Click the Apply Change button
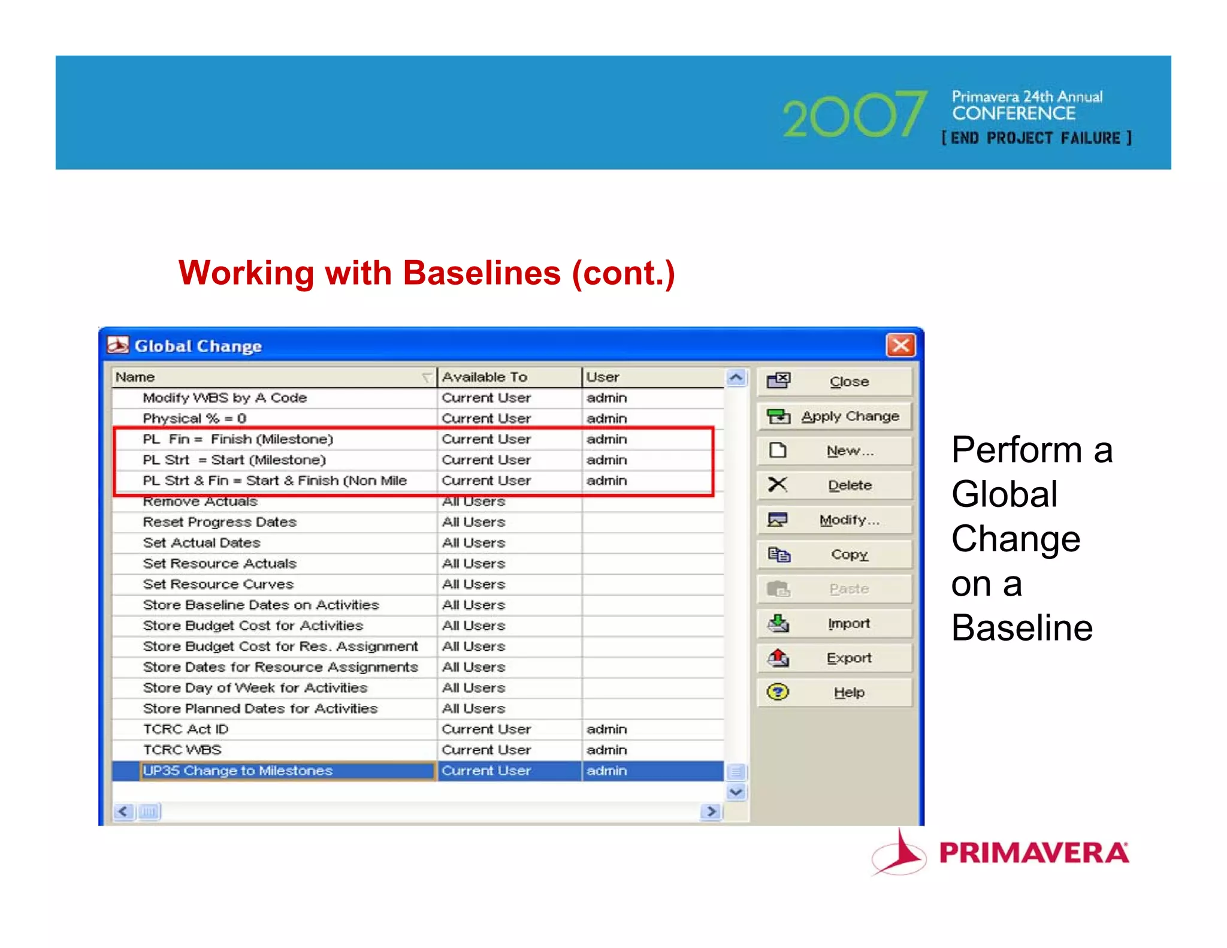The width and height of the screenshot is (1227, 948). point(835,416)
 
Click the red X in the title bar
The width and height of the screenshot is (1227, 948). point(900,346)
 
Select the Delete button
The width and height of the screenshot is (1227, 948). point(835,485)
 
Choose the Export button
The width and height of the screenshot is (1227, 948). point(835,658)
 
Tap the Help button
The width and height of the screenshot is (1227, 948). point(835,693)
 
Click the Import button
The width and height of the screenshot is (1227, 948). point(835,623)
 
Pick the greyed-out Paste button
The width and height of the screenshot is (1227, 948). point(835,589)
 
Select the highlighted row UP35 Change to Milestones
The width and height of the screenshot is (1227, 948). point(238,771)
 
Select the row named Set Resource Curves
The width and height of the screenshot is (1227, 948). point(218,584)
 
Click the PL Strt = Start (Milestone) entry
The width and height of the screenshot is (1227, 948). point(234,460)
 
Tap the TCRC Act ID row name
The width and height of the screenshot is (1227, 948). point(186,729)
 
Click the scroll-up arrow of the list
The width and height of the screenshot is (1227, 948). point(736,378)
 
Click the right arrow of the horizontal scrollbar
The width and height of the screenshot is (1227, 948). point(711,811)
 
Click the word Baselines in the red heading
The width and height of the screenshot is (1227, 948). point(482,273)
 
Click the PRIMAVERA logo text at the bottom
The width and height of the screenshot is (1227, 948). point(1033,853)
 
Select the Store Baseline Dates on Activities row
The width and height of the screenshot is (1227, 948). point(261,605)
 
